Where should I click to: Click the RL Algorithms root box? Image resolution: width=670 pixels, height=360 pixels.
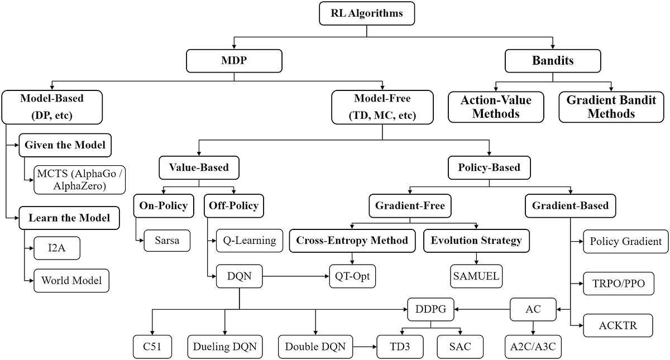coord(367,13)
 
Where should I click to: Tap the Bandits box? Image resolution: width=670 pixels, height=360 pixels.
coord(552,61)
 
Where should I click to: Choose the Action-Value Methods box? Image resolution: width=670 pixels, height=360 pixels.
coord(496,107)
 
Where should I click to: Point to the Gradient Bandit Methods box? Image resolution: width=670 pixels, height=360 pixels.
coord(612,107)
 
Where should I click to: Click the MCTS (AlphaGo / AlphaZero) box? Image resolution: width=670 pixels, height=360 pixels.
coord(79,179)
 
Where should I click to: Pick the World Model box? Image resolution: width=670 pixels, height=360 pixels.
coord(71,280)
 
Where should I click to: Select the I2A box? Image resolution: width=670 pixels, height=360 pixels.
coord(56,248)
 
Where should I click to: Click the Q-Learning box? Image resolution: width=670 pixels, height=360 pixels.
coord(249,241)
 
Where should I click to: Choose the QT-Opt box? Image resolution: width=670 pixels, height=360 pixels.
coord(352,275)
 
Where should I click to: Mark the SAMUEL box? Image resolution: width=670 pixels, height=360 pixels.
coord(476,275)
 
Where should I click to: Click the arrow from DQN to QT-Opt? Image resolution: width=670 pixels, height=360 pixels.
coord(295,275)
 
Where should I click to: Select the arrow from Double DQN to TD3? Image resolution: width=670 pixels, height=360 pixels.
coord(365,347)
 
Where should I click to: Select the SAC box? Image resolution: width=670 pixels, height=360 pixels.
coord(460,347)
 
